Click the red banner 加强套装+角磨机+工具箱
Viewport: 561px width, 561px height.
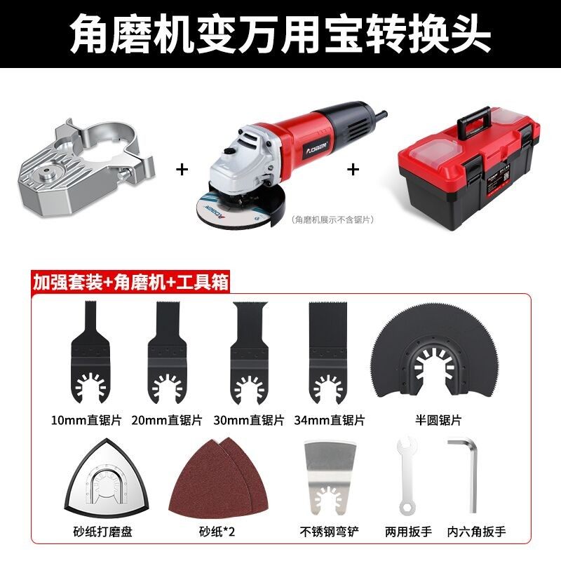[x=130, y=284]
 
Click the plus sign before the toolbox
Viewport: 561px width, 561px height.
[x=354, y=169]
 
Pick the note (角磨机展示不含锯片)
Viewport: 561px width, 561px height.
[x=332, y=219]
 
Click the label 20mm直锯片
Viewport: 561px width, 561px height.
[x=167, y=421]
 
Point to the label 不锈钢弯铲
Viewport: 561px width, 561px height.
[x=327, y=532]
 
